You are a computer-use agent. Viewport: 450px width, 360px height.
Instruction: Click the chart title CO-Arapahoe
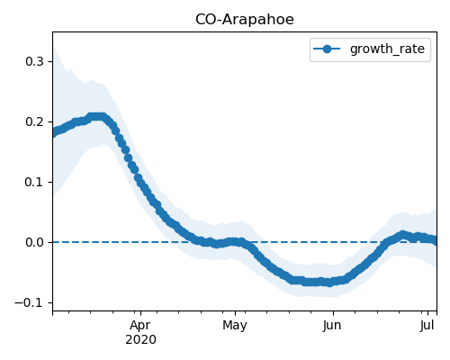(245, 20)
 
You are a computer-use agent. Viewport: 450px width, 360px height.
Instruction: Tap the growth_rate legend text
(387, 49)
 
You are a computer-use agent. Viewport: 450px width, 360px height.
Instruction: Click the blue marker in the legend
(327, 49)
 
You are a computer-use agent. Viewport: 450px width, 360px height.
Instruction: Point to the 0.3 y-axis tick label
(35, 61)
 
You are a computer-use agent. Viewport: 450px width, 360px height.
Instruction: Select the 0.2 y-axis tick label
(35, 121)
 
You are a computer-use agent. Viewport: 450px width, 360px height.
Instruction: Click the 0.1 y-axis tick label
(35, 182)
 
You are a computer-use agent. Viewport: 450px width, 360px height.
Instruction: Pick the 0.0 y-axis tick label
(35, 242)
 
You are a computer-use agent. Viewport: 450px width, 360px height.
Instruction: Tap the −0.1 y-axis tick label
(30, 302)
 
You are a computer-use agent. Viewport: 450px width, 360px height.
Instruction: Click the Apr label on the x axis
(140, 326)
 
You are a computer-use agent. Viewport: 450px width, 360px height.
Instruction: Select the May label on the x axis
(235, 326)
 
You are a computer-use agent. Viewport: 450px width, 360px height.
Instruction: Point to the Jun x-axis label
(332, 326)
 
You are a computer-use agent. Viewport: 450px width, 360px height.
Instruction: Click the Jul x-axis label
(427, 326)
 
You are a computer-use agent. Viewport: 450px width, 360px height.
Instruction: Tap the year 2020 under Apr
(140, 340)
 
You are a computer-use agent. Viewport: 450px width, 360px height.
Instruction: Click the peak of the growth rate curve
(97, 117)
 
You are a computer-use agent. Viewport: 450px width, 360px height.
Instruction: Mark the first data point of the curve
(54, 133)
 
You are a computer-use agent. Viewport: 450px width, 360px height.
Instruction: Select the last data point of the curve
(435, 240)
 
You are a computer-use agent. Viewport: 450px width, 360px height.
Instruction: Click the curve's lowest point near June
(330, 283)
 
